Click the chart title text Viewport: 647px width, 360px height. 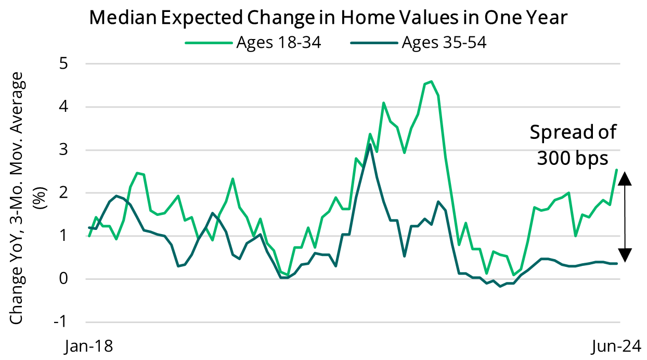[328, 17]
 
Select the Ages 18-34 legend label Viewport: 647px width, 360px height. [278, 42]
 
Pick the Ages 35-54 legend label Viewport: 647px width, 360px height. [444, 42]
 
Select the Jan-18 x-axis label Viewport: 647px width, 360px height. [88, 346]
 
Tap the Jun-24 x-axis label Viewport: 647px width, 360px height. [618, 346]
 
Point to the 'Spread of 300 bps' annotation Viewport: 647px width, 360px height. [573, 145]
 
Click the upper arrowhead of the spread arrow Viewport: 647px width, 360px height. [626, 178]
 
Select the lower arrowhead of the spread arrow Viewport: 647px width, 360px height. [626, 255]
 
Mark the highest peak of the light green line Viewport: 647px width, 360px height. [431, 82]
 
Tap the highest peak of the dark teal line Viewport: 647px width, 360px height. [369, 144]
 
